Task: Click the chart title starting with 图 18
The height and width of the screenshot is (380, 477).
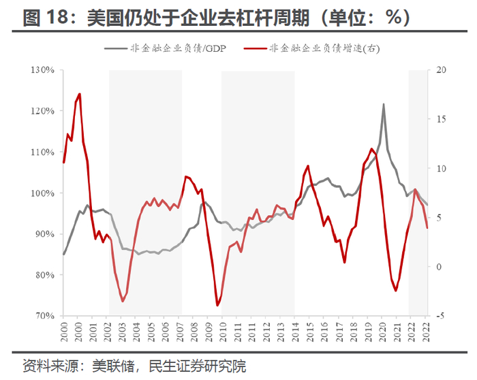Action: click(x=217, y=17)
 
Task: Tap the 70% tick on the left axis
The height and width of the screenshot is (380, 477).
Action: click(x=44, y=316)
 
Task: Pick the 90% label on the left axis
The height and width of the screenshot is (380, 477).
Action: click(x=44, y=234)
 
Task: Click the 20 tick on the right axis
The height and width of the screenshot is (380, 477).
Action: click(x=441, y=70)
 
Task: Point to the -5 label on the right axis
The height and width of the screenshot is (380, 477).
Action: click(x=441, y=316)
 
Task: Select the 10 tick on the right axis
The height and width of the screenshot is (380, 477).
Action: click(x=441, y=169)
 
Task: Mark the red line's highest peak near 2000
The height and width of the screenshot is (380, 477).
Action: click(x=80, y=94)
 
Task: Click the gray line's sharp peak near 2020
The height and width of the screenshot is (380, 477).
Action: click(x=383, y=104)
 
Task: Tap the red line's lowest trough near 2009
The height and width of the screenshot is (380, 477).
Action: click(x=217, y=305)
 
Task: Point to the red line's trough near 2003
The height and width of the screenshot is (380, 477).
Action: click(x=123, y=301)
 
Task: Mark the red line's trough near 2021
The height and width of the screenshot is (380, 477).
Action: click(x=396, y=291)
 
